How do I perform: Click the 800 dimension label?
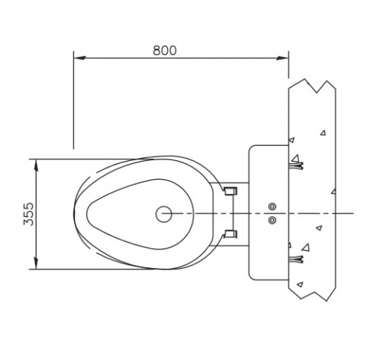coord(165,50)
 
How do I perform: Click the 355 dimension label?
coord(28,214)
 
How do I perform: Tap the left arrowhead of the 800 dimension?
coord(80,58)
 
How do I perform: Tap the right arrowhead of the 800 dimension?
coord(282,58)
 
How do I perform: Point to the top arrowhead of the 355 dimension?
coord(36,165)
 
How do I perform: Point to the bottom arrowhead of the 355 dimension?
coord(36,263)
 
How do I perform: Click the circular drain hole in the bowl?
coord(164,214)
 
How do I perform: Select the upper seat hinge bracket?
coord(231,192)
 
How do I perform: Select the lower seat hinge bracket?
coord(231,234)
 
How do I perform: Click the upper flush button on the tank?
coord(272,207)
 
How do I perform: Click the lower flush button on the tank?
coord(272,220)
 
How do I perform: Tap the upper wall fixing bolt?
coord(296,165)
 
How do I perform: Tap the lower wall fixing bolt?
coord(296,260)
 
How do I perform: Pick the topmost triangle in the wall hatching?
coord(324,132)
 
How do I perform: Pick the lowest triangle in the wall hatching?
coord(300,284)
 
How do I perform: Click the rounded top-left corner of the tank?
coord(251,147)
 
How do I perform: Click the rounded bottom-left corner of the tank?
coord(251,278)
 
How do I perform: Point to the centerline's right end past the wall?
coord(354,213)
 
